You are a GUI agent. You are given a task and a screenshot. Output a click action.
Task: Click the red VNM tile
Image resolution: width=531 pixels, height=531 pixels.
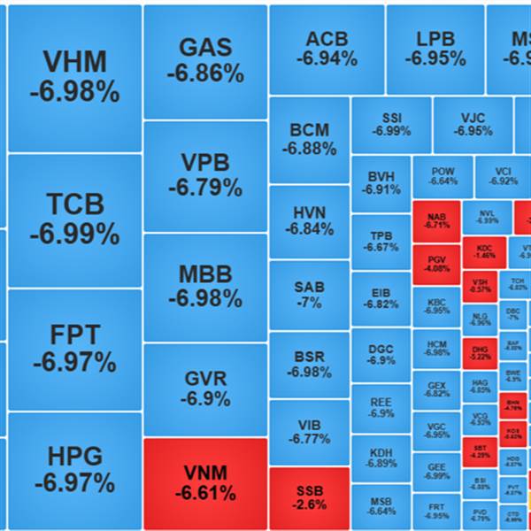tap(204, 482)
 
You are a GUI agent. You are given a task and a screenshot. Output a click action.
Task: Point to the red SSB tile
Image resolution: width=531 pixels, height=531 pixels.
tap(310, 497)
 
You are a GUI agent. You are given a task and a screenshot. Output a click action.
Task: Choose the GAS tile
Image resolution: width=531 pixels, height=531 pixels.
tap(204, 60)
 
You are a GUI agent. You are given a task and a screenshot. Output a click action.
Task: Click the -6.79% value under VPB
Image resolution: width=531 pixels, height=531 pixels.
tap(204, 188)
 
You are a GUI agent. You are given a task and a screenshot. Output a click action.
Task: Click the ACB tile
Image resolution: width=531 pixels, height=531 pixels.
tap(327, 49)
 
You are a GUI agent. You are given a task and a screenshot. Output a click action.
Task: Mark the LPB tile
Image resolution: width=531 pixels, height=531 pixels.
tap(435, 49)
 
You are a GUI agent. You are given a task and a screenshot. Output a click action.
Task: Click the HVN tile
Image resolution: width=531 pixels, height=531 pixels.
tap(309, 220)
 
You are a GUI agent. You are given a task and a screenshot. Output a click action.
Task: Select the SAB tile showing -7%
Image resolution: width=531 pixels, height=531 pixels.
tap(309, 295)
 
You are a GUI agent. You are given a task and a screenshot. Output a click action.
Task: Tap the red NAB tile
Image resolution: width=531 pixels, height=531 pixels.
tap(436, 220)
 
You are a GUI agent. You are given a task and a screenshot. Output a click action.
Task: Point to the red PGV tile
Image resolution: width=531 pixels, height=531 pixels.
tap(436, 264)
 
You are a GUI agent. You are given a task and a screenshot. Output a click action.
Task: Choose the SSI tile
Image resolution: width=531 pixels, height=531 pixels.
tap(391, 124)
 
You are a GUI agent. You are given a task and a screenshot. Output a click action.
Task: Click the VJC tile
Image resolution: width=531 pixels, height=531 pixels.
tap(473, 124)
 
